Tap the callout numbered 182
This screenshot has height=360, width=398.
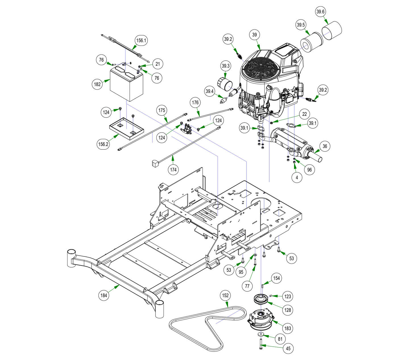click(x=97, y=84)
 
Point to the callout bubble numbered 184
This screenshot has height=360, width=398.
click(x=104, y=295)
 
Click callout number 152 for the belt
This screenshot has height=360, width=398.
click(x=225, y=295)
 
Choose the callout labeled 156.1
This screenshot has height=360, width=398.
click(x=141, y=40)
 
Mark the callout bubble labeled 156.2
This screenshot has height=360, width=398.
click(x=103, y=144)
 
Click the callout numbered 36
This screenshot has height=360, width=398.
click(x=325, y=147)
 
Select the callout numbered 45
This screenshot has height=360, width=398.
click(x=288, y=348)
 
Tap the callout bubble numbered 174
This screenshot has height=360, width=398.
click(x=173, y=170)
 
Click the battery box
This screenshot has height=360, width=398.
click(x=126, y=84)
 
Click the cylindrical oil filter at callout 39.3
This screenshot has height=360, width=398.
click(x=225, y=84)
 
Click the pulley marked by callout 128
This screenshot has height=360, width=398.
click(x=261, y=299)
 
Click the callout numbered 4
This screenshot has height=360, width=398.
click(x=297, y=177)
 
